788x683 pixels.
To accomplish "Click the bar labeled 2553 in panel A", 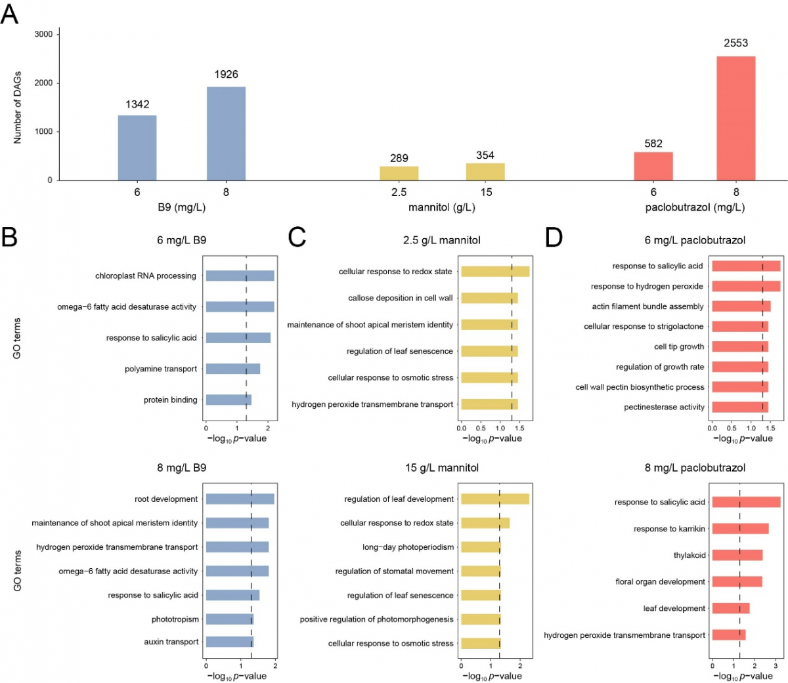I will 735,118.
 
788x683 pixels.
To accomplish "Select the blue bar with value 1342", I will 137,148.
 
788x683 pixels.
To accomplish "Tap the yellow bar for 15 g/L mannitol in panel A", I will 485,172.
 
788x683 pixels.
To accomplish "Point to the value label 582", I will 653,144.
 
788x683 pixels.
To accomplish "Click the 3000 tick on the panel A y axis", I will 44,34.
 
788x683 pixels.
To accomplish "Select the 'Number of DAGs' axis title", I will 18,108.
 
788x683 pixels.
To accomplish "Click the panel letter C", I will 297,237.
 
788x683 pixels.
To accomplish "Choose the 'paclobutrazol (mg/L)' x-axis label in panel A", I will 695,208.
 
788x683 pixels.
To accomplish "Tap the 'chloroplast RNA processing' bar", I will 240,276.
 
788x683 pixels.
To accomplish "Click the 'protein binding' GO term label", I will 170,400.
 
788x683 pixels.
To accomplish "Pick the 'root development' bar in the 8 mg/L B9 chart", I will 240,499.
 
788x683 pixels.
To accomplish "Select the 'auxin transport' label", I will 171,642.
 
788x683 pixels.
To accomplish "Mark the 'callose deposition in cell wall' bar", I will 489,298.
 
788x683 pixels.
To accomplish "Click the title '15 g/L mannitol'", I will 442,468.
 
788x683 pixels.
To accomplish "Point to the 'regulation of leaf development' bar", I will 495,499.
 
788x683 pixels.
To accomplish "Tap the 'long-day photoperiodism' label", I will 408,547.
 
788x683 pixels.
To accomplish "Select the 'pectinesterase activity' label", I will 664,407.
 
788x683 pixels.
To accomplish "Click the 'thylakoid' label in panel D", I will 689,555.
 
